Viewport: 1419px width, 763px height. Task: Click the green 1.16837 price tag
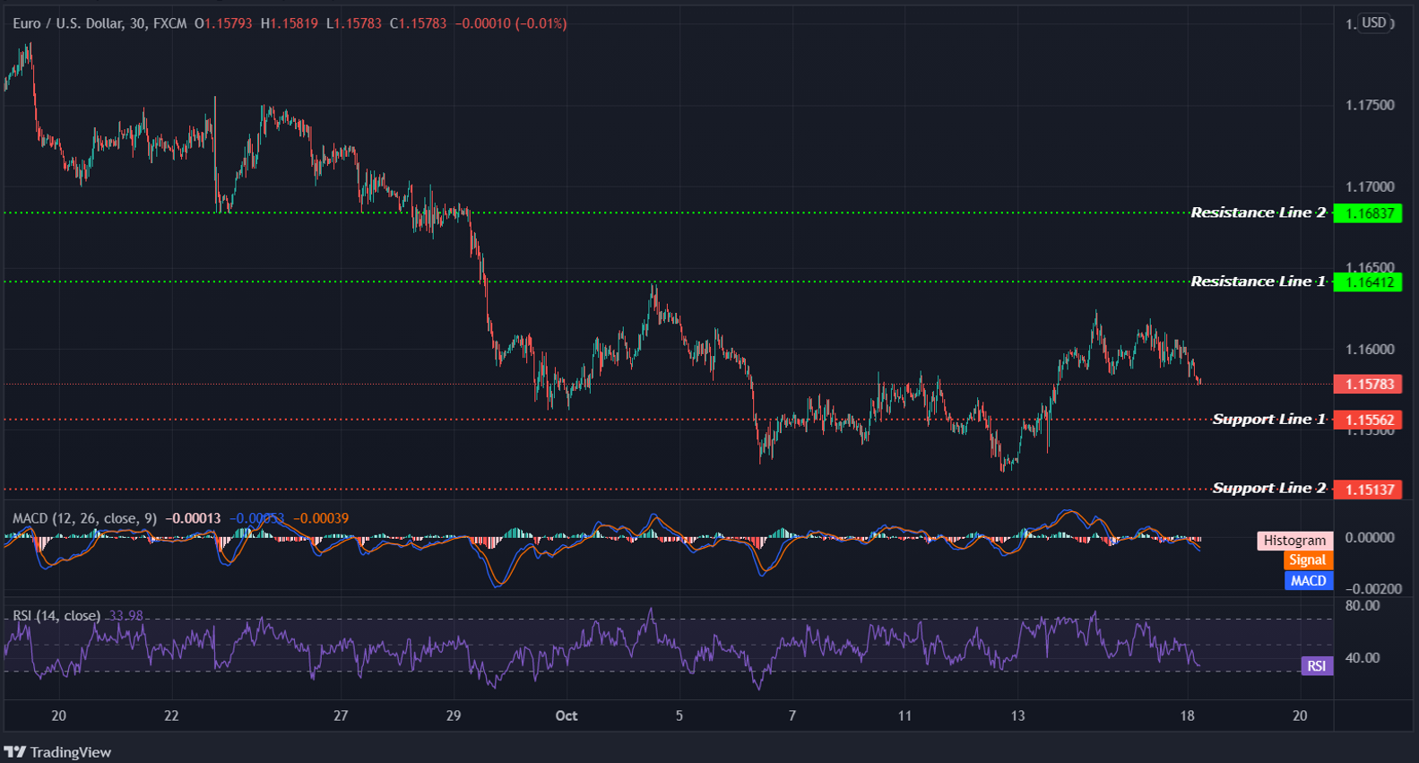pyautogui.click(x=1368, y=213)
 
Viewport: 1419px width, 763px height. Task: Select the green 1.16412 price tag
pyautogui.click(x=1368, y=282)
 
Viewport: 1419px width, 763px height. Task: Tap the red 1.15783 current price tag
pyautogui.click(x=1368, y=385)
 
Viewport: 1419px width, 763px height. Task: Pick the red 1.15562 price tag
pyautogui.click(x=1368, y=420)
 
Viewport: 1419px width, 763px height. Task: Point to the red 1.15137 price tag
pyautogui.click(x=1368, y=490)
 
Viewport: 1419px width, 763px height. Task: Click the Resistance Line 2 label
pyautogui.click(x=1258, y=212)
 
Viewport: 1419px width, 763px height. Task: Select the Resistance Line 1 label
pyautogui.click(x=1258, y=282)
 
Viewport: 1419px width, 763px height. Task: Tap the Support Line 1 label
pyautogui.click(x=1268, y=419)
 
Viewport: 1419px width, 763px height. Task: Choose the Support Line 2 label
pyautogui.click(x=1268, y=488)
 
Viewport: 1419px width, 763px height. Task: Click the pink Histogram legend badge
pyautogui.click(x=1294, y=541)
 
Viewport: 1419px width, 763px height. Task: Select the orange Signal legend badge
pyautogui.click(x=1307, y=560)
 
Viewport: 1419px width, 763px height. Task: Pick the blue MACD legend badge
pyautogui.click(x=1308, y=581)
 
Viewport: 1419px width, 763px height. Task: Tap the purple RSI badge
pyautogui.click(x=1316, y=666)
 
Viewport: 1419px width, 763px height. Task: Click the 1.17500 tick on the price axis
pyautogui.click(x=1370, y=106)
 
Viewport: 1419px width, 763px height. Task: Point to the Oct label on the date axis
pyautogui.click(x=567, y=715)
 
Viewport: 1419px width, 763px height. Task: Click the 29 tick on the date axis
pyautogui.click(x=454, y=715)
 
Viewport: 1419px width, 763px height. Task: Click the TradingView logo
pyautogui.click(x=58, y=752)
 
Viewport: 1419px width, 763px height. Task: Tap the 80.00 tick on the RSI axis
pyautogui.click(x=1363, y=606)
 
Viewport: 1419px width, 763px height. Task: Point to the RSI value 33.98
pyautogui.click(x=125, y=616)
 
